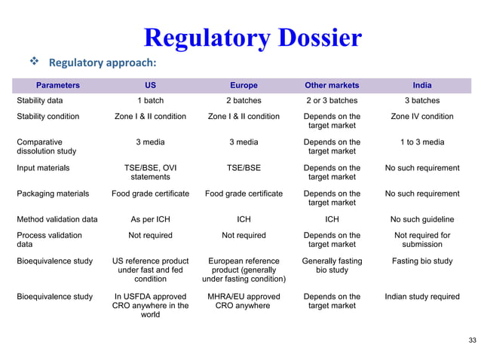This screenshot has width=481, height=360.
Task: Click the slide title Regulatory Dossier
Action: click(253, 37)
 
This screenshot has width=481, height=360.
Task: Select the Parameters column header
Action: click(58, 85)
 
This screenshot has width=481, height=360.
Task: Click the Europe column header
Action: click(243, 85)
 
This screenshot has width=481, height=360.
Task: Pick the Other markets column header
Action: click(332, 85)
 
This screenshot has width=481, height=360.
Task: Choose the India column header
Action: click(422, 85)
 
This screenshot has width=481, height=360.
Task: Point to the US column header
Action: click(150, 85)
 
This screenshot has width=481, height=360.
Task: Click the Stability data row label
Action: click(44, 101)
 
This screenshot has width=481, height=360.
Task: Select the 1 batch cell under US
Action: click(150, 101)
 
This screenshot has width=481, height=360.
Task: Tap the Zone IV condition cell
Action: click(422, 117)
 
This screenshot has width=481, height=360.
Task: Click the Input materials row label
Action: click(43, 168)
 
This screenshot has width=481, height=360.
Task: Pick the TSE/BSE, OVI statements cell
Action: click(150, 172)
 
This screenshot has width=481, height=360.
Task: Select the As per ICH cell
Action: click(150, 219)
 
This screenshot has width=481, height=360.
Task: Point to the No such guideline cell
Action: click(422, 219)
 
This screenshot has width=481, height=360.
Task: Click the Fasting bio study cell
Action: click(422, 261)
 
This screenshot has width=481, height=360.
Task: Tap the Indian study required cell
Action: click(422, 296)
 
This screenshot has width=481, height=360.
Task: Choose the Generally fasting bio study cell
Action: click(332, 266)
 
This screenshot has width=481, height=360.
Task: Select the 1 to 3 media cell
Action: click(422, 142)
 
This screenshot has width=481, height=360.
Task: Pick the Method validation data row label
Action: click(57, 219)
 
